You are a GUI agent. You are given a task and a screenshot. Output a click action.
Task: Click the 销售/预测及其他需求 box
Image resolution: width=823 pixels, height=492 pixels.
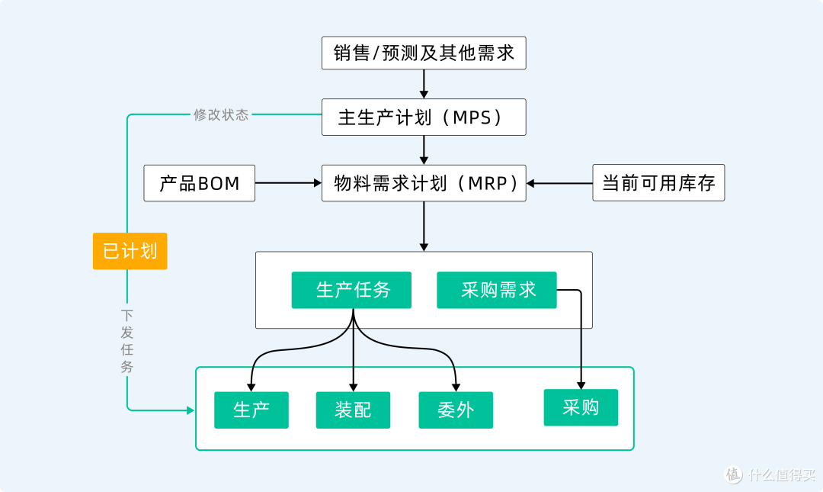pos(424,53)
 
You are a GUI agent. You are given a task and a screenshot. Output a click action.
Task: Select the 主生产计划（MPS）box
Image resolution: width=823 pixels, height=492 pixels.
pos(424,117)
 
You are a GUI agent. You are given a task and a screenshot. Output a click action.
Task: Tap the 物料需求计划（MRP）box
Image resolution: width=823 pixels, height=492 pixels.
pos(424,183)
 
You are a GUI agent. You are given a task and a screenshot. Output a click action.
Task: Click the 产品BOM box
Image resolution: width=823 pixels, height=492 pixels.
pos(199,183)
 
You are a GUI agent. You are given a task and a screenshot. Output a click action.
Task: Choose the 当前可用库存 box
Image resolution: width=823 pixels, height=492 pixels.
pos(658,183)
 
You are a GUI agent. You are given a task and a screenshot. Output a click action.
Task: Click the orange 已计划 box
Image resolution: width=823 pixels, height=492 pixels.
pos(130,251)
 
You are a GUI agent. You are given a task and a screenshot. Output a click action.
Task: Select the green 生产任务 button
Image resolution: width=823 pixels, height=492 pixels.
pos(351,290)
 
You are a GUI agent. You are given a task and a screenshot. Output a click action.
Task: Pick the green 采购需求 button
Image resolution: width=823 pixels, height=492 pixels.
pos(496,290)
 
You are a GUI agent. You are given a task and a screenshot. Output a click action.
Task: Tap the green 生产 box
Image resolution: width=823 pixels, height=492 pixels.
pos(251,410)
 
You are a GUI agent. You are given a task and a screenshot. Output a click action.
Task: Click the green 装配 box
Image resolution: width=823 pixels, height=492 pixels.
pos(353,410)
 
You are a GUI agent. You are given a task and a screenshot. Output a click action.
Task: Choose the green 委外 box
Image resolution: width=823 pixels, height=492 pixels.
pos(456,410)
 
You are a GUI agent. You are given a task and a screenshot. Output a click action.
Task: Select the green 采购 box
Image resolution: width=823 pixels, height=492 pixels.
pos(580,407)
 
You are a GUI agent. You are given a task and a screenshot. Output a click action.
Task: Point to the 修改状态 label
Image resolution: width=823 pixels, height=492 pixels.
pos(221,115)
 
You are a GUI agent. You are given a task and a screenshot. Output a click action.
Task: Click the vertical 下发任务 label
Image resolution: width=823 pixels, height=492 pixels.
pos(126,340)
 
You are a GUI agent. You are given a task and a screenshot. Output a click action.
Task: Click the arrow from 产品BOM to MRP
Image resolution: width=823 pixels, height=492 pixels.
pos(288,183)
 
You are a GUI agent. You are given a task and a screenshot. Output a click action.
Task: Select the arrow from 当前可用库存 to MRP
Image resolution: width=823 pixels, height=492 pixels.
pos(559,183)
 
